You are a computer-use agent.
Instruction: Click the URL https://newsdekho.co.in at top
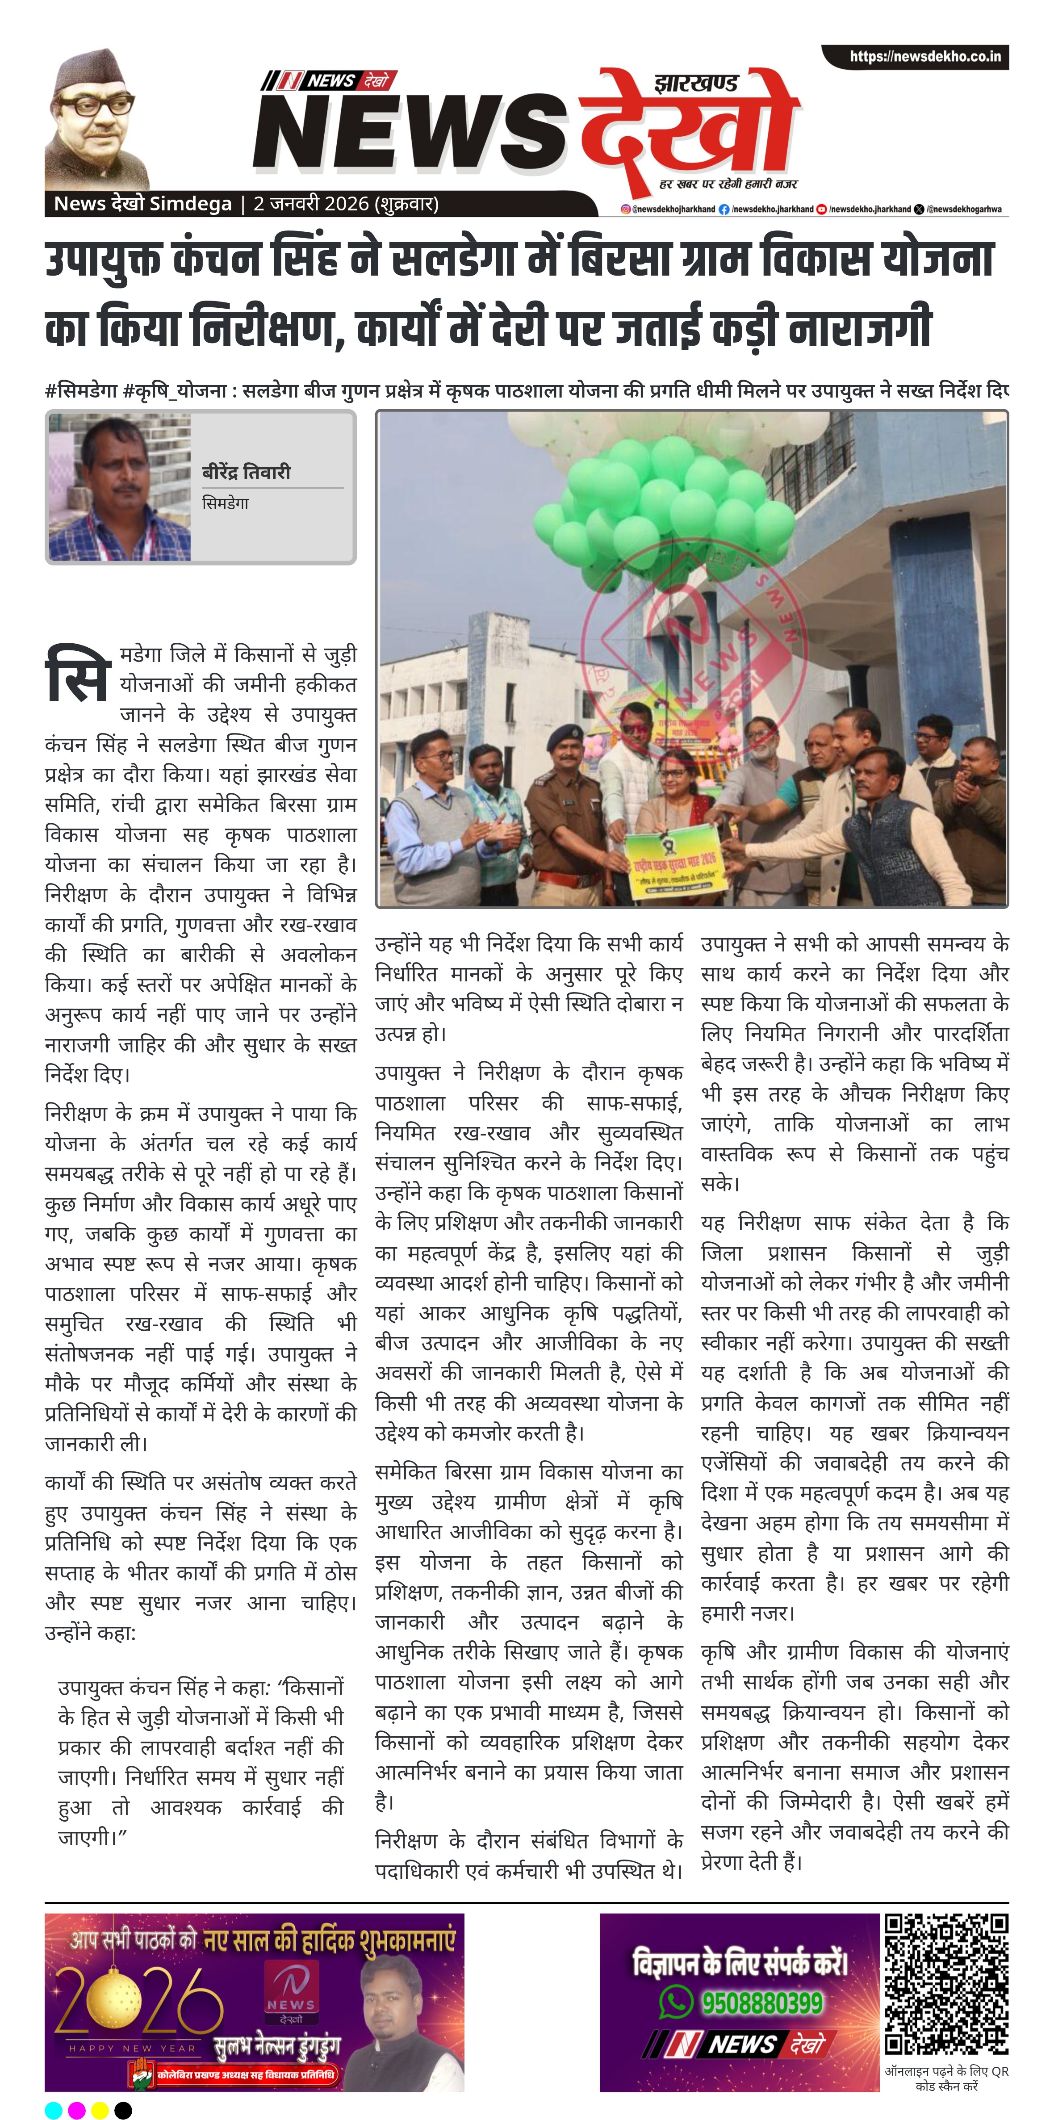tap(925, 57)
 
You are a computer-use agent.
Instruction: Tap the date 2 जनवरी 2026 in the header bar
tap(346, 203)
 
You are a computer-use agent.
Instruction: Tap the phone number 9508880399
tap(761, 2003)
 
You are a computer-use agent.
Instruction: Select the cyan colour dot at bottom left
tap(54, 2110)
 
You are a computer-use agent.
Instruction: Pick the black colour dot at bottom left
tap(123, 2110)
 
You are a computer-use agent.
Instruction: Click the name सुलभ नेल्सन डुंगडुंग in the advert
tap(276, 2047)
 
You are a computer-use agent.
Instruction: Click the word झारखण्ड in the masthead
tap(696, 83)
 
